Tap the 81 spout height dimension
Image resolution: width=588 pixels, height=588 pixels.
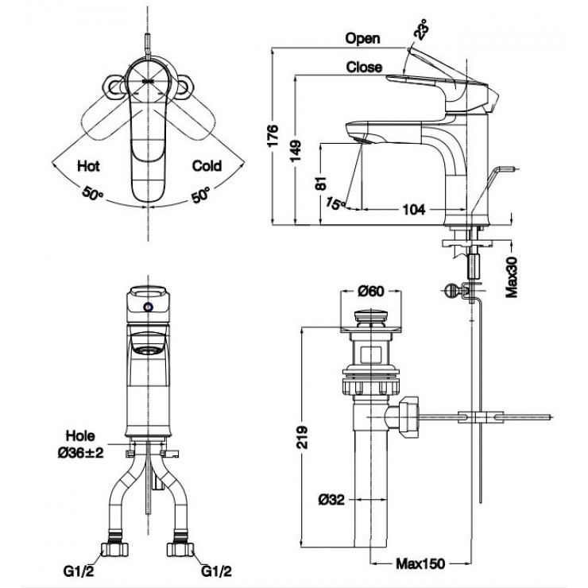tap(321, 182)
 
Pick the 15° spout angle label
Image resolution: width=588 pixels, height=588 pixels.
tap(335, 203)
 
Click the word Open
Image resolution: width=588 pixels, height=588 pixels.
tap(363, 38)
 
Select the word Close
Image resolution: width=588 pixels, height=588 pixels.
tap(364, 68)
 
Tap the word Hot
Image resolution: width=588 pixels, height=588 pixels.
tap(87, 166)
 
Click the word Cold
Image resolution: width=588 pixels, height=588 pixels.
tap(207, 166)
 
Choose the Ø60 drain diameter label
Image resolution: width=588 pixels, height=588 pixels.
tap(370, 291)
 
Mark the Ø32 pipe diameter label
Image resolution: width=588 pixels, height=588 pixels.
tap(331, 499)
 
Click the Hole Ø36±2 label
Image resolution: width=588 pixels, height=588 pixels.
tap(80, 443)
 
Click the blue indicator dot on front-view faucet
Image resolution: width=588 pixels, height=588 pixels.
tap(148, 306)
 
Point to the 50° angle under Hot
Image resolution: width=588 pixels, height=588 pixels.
tap(91, 194)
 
